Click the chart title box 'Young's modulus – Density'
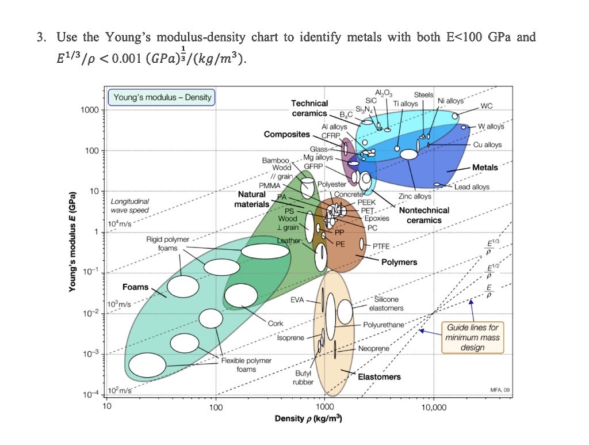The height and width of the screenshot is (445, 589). (162, 97)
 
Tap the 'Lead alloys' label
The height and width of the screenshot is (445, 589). (472, 187)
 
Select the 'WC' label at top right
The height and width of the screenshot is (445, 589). (486, 106)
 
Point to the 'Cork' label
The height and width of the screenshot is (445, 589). (275, 324)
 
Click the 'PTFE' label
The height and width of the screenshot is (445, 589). (381, 246)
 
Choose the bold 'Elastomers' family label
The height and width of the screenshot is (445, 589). (379, 377)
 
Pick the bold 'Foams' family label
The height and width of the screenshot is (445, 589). (135, 287)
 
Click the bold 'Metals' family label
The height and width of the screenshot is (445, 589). (485, 168)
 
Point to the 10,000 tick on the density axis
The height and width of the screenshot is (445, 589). (433, 408)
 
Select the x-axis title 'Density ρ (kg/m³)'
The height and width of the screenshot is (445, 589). (309, 419)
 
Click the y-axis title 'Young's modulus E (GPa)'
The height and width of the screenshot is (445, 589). (72, 240)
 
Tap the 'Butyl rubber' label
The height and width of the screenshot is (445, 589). (303, 378)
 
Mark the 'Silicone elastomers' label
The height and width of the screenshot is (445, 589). (385, 304)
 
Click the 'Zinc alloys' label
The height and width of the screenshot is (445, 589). (415, 197)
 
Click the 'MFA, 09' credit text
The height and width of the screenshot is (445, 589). (499, 390)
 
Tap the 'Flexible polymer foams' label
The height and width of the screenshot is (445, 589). (246, 365)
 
